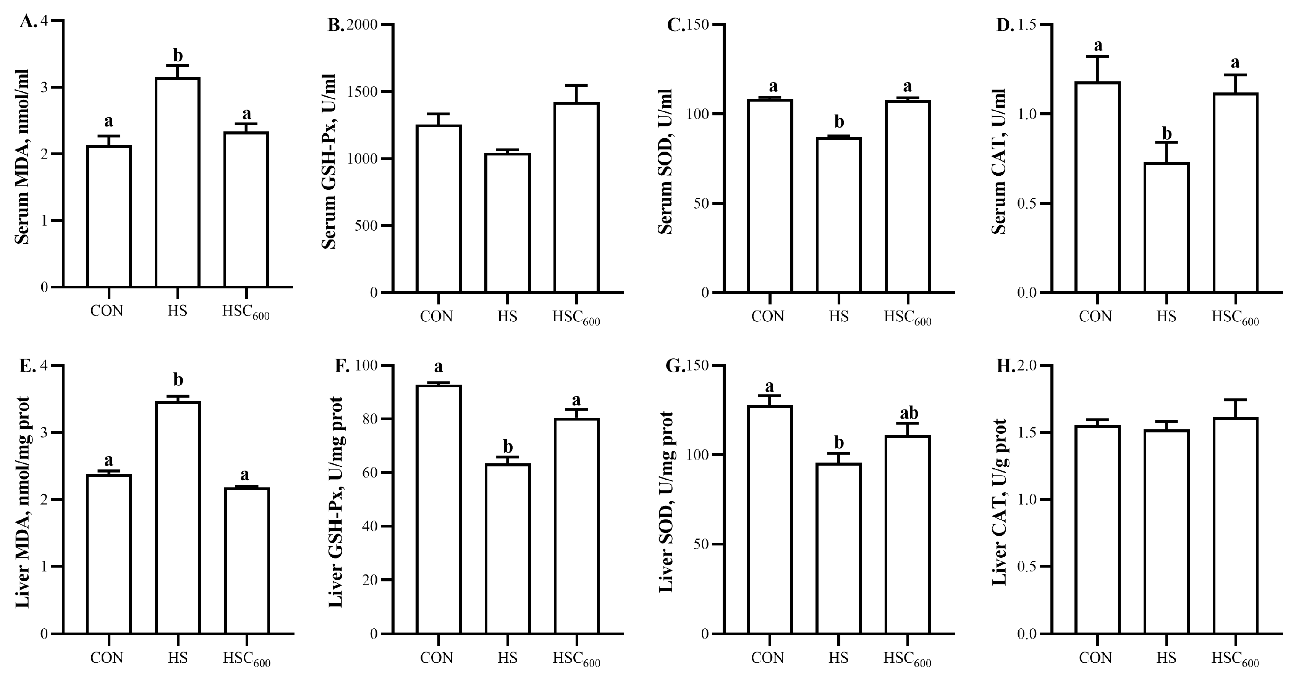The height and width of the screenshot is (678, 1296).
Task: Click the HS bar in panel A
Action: click(178, 182)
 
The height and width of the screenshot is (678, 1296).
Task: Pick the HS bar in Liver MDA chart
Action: click(178, 517)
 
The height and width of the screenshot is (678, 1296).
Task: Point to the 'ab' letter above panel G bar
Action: click(909, 413)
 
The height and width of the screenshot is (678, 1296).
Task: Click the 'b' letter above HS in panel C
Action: click(839, 122)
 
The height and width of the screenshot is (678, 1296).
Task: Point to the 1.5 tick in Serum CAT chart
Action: click(1026, 25)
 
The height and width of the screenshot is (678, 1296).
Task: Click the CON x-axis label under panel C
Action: click(768, 316)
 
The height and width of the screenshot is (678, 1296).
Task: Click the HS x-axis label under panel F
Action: click(507, 657)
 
